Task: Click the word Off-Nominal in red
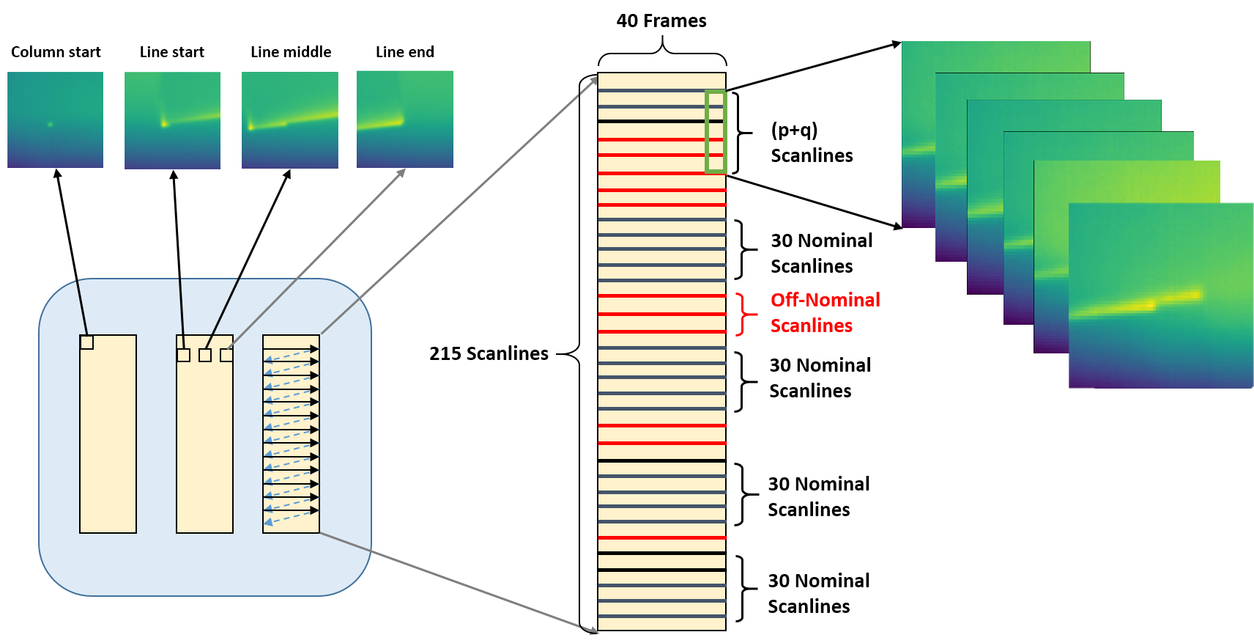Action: pos(825,300)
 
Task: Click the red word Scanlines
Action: pos(811,326)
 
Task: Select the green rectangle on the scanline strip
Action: pos(715,132)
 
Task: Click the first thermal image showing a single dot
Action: pos(55,120)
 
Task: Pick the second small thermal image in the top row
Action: pos(172,120)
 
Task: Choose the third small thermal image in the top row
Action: pos(290,120)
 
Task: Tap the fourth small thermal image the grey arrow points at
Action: pos(404,119)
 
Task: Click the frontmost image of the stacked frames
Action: pos(1161,295)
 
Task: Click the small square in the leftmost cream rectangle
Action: pos(86,342)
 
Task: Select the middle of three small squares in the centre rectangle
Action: pos(205,355)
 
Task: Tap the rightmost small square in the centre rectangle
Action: pos(226,355)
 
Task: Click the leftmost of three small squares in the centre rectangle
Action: pos(184,355)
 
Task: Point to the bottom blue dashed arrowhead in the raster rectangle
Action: pos(268,521)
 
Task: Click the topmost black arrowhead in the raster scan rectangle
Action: pos(315,349)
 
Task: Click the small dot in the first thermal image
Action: pos(50,125)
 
